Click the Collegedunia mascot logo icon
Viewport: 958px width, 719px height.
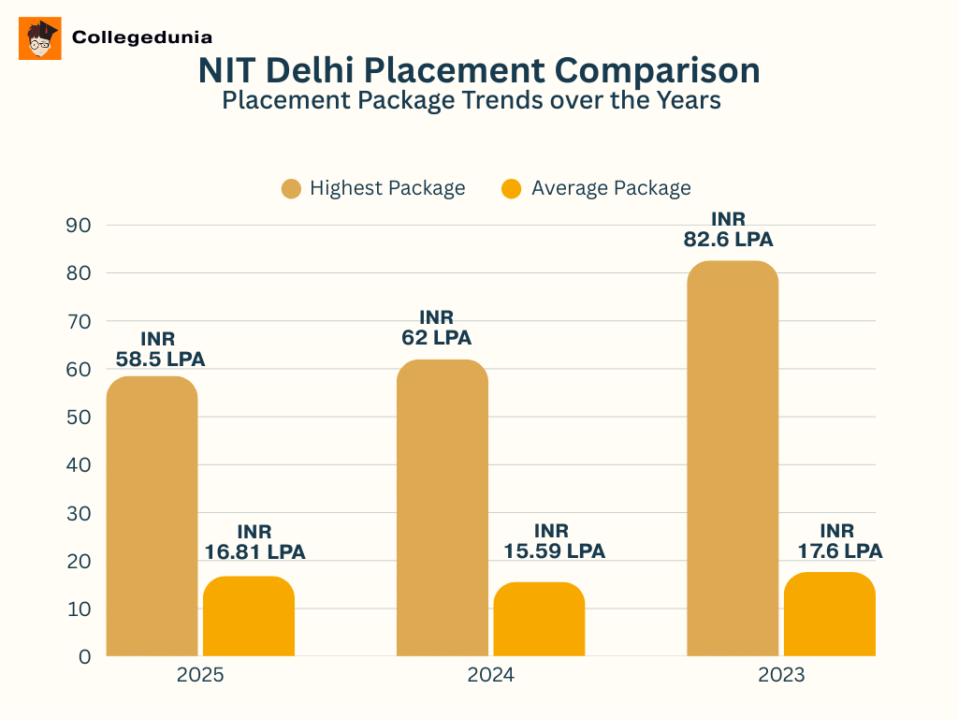coord(40,38)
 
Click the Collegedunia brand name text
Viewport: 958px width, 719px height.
coord(141,37)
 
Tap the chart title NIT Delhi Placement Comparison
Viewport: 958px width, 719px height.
coord(479,71)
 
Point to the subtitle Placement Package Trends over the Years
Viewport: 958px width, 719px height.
coord(472,100)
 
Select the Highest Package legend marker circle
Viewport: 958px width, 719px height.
coord(292,188)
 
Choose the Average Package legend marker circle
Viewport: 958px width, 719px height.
coord(512,188)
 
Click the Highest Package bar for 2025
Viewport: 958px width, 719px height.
coord(152,516)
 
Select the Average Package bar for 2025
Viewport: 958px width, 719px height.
coord(249,616)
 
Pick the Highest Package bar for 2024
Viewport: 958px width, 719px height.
coord(442,507)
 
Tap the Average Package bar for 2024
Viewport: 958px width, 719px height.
coord(539,619)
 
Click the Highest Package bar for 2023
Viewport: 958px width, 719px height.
coord(732,459)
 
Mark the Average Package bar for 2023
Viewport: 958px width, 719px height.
coord(829,614)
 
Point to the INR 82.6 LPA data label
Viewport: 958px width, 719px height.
coord(729,229)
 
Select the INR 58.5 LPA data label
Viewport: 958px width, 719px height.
coord(159,349)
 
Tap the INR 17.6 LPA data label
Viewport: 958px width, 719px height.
coord(838,541)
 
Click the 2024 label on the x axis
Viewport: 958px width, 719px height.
coord(490,676)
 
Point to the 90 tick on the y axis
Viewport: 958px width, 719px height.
coord(79,226)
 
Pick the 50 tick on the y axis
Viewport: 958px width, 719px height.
coord(79,418)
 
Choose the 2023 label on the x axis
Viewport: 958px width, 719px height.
coord(780,676)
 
